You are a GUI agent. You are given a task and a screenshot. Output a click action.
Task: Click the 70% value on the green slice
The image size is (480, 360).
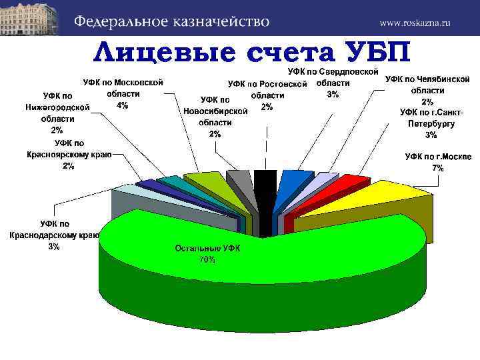click(207, 260)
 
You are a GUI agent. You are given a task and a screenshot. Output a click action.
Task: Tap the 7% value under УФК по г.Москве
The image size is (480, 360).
click(438, 168)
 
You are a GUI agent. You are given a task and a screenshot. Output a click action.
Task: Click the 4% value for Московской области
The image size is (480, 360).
click(123, 105)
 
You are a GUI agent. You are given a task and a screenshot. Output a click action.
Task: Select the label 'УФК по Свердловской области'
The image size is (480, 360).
click(333, 77)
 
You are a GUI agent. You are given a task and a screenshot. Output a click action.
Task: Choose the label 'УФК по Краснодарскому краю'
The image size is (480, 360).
click(54, 235)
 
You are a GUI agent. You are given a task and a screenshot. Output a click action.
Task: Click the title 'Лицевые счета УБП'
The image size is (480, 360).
click(253, 51)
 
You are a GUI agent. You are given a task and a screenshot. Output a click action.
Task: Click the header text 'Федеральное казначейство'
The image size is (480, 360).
click(171, 21)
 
